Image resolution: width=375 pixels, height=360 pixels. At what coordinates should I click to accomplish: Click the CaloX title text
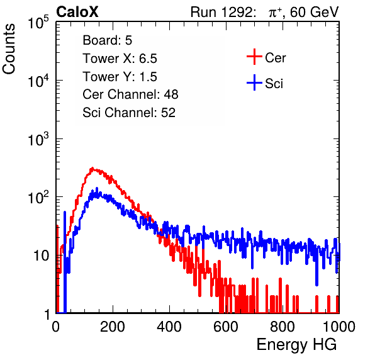point(77,12)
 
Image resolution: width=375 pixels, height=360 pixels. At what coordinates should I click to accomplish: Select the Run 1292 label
point(221,12)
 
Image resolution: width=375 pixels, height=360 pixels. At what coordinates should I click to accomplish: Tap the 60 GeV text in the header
point(314,12)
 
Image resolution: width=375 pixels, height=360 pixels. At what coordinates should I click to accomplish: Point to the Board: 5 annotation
point(108,40)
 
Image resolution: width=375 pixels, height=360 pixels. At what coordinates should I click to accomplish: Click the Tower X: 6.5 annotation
point(120,59)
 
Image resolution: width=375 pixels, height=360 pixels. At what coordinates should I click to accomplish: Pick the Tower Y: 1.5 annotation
point(120,77)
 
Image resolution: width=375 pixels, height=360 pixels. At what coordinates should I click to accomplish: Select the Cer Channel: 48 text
point(130,94)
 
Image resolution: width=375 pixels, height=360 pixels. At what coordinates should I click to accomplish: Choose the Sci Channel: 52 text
point(129,113)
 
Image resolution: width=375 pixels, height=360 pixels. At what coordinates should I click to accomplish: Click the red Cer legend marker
point(254,57)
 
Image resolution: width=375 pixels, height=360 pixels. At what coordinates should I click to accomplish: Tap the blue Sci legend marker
point(254,82)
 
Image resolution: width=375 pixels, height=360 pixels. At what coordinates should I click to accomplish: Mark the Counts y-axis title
point(9,49)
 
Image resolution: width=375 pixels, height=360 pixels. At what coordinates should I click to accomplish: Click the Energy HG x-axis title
point(296,345)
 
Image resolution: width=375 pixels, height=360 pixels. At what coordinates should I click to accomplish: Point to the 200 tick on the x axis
point(113,327)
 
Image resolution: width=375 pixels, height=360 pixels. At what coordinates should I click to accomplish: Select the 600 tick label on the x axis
point(226,327)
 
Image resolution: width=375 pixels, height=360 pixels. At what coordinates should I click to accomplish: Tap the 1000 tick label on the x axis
point(339,327)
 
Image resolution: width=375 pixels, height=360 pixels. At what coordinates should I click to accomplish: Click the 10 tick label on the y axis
point(41,256)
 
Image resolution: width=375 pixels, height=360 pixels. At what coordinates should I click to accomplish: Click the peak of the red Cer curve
point(92,168)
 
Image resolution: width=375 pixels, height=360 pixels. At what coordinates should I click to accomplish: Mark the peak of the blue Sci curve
point(97,188)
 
